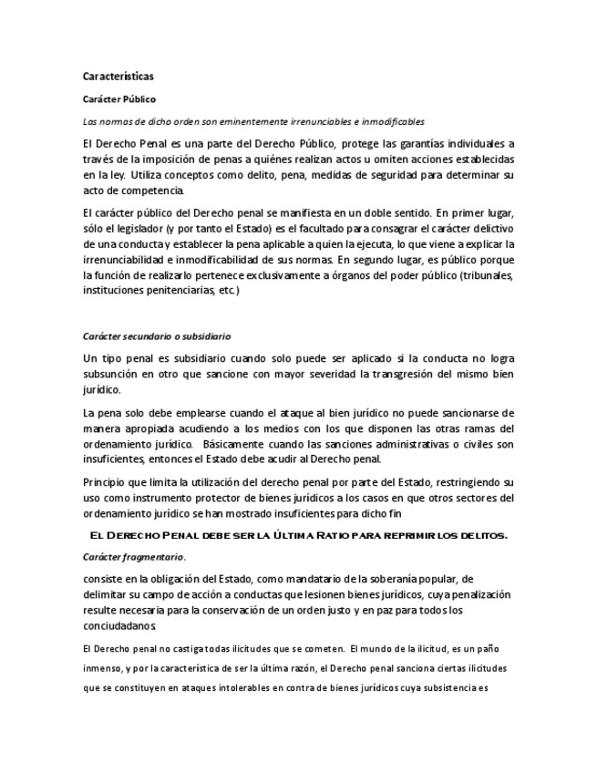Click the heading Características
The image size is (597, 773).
pyautogui.click(x=118, y=77)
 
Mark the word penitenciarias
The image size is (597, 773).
pyautogui.click(x=164, y=290)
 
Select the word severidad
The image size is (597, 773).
pyautogui.click(x=305, y=374)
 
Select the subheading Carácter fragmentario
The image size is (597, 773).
pyautogui.click(x=134, y=555)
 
